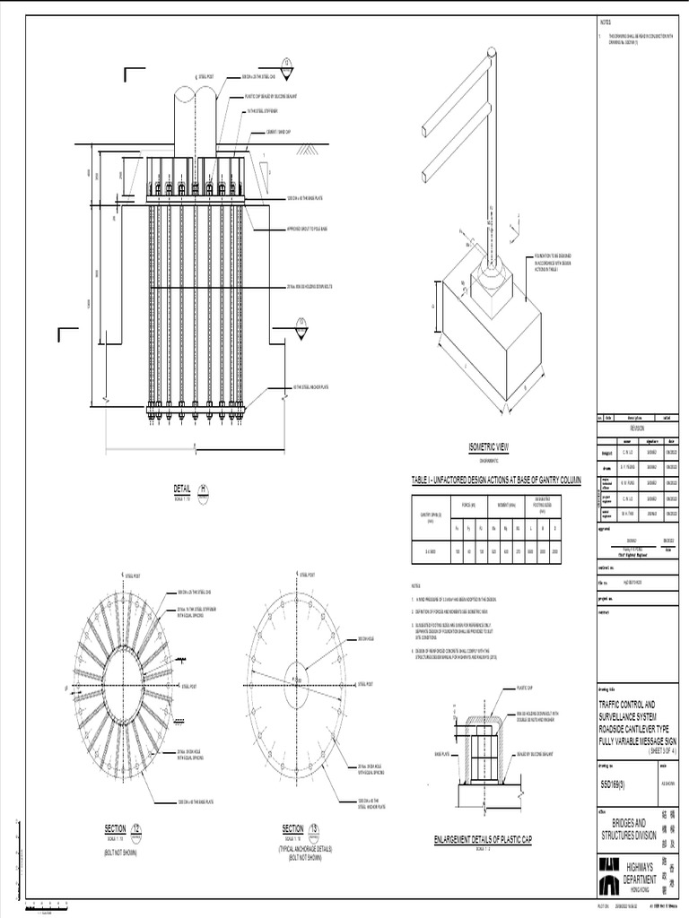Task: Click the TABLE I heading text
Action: [496, 481]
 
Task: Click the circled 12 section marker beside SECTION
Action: [136, 827]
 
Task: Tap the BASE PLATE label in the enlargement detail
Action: [441, 754]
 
